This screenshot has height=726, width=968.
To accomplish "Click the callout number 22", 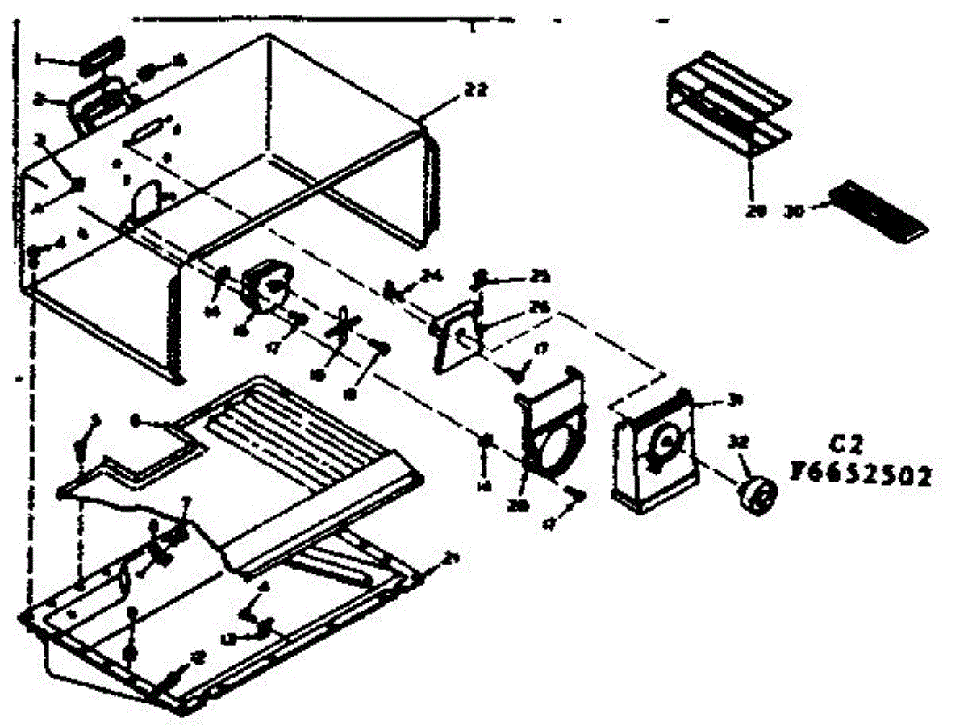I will coord(475,91).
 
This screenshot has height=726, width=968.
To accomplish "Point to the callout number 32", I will coord(737,440).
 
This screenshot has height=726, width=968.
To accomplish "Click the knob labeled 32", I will coord(755,492).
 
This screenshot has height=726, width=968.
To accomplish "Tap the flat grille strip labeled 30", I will coord(879,211).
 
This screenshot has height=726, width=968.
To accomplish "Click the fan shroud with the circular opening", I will coord(550,423).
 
